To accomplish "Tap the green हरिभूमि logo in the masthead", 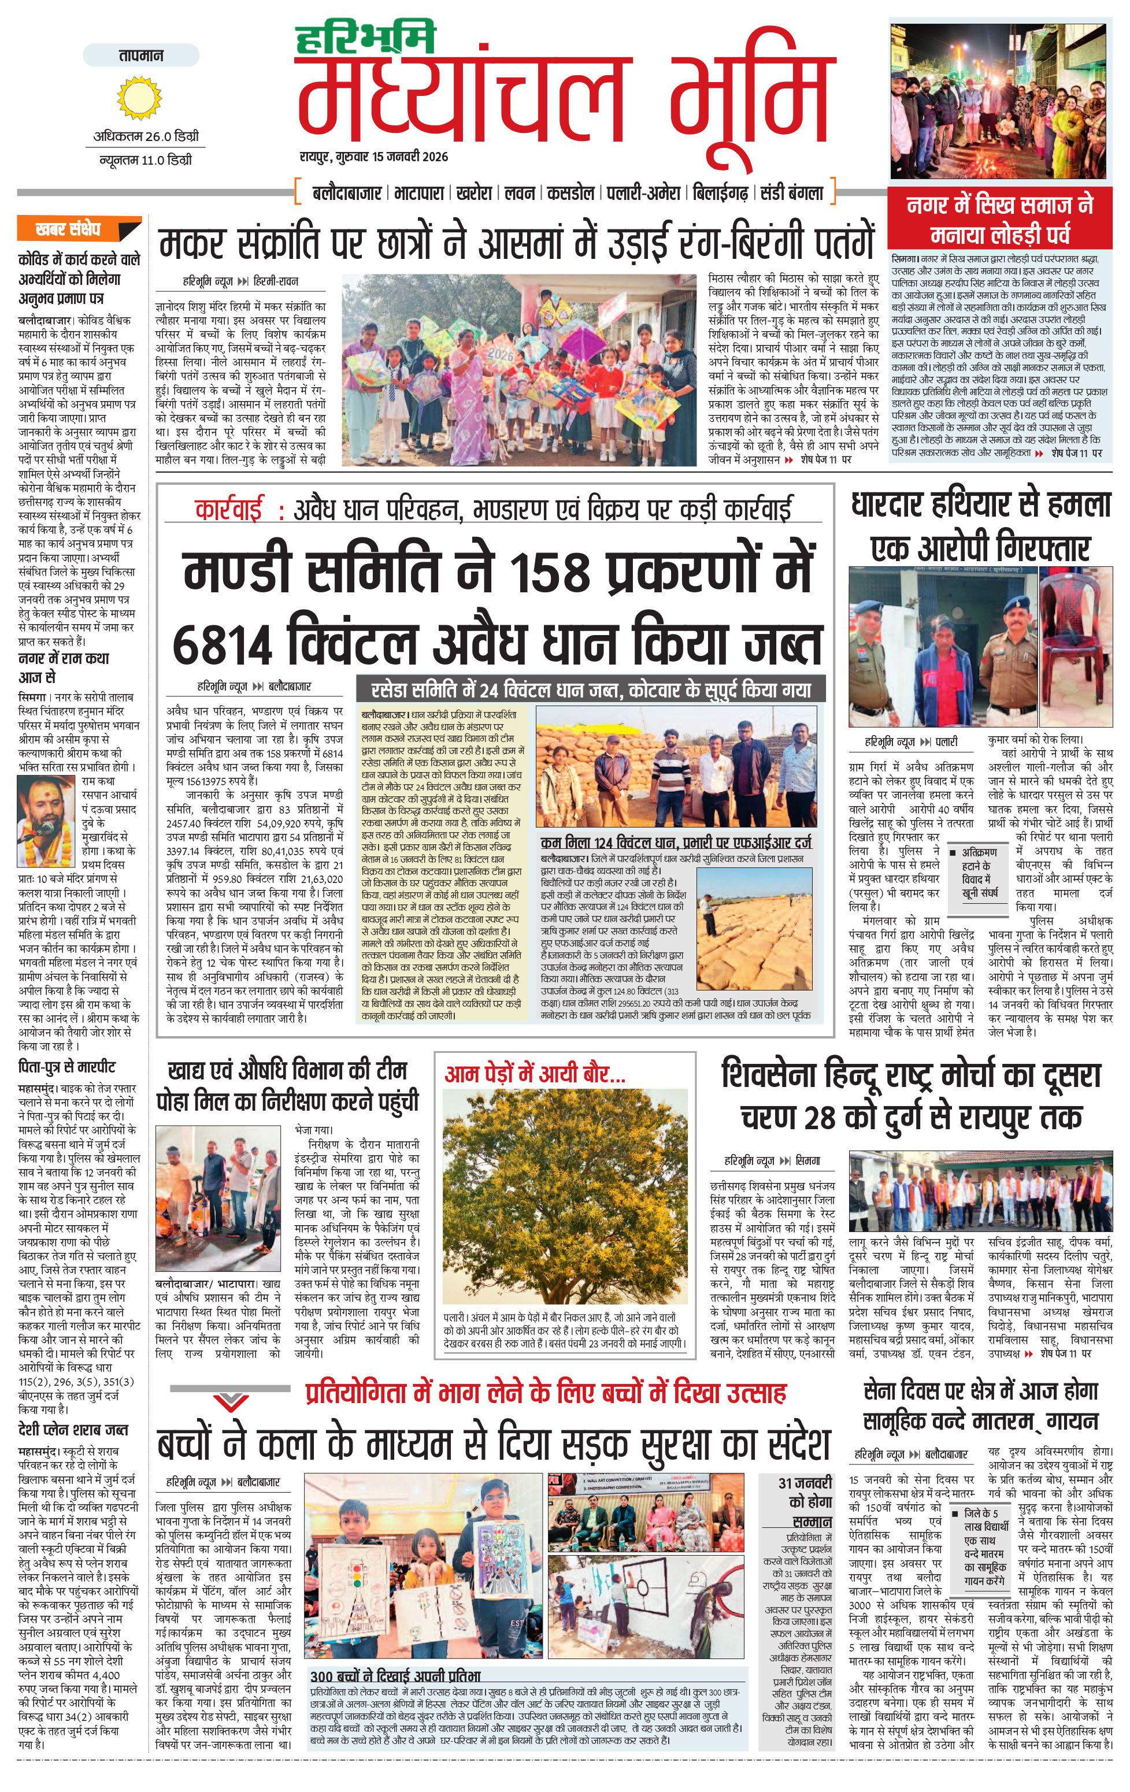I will coord(365,39).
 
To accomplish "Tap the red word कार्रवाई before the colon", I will coord(228,510).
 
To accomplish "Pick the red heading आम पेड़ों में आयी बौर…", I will coord(535,1074).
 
